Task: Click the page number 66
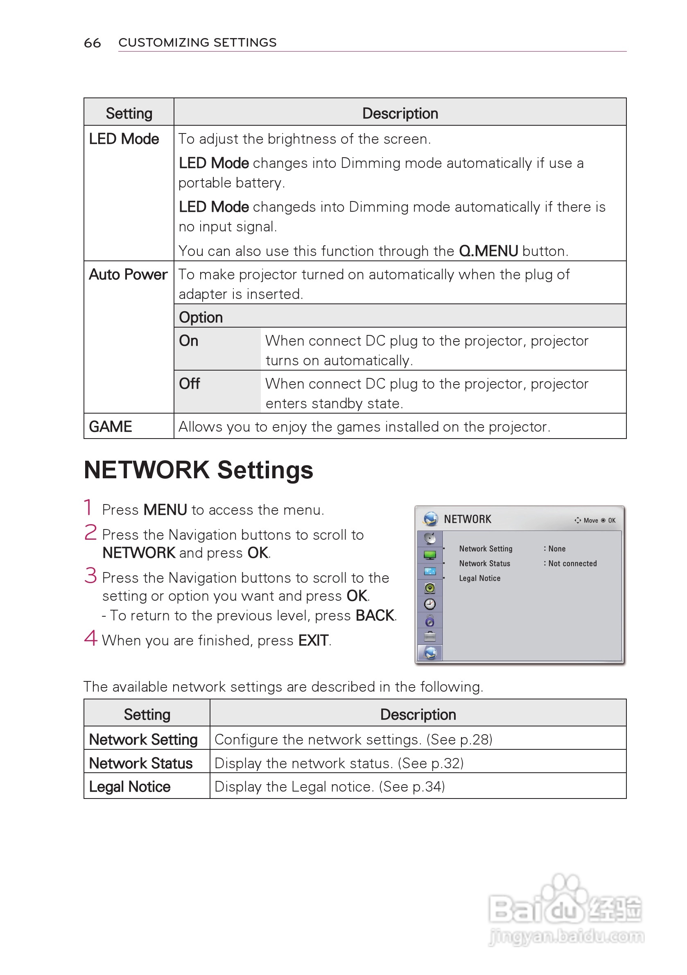92,43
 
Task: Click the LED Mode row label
124,139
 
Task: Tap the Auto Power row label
128,274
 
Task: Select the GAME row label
111,426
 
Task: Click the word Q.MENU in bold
488,251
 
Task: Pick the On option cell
188,341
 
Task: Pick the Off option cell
190,383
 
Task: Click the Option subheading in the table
201,317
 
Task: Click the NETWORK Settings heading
198,470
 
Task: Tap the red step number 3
90,576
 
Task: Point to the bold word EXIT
313,640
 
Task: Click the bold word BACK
375,615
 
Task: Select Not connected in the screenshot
572,563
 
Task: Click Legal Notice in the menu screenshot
479,578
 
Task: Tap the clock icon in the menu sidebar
430,604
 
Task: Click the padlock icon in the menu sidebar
430,621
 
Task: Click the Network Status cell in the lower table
140,763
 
